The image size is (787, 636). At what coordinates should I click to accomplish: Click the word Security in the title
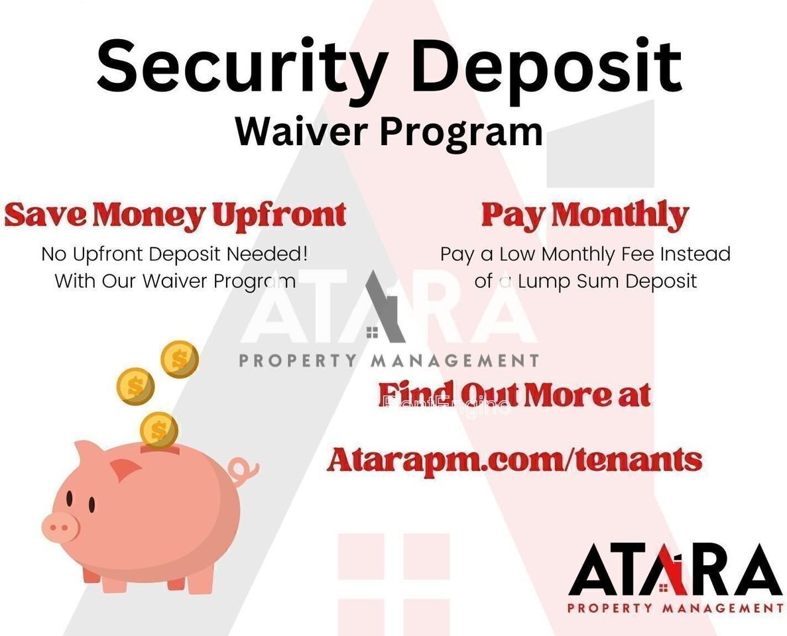[243, 68]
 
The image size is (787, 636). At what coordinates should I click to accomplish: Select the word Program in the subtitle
[461, 132]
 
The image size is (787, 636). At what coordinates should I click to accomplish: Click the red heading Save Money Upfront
[175, 216]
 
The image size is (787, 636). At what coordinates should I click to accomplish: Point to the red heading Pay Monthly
[585, 216]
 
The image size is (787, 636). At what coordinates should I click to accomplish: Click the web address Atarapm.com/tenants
[514, 459]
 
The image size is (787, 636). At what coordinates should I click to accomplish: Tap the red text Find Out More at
[514, 394]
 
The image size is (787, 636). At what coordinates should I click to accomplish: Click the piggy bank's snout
[60, 527]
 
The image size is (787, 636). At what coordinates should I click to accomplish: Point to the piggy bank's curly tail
[243, 469]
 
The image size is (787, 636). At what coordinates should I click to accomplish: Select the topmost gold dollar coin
[180, 359]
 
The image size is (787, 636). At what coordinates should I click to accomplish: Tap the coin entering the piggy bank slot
[159, 429]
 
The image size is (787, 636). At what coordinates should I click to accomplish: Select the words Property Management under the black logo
[675, 608]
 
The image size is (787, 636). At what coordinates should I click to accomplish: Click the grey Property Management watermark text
[389, 360]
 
